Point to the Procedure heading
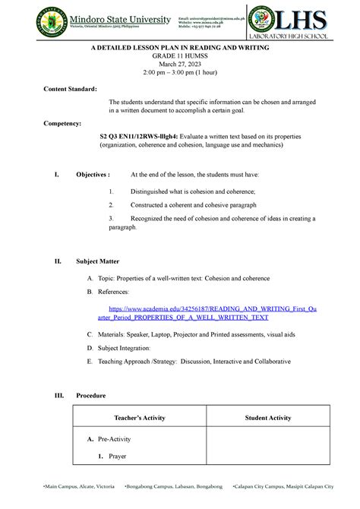90,396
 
